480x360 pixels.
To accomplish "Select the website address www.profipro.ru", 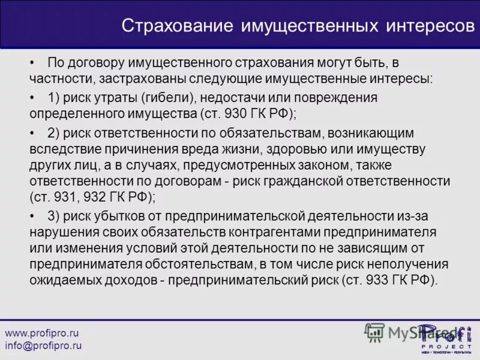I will pos(42,332).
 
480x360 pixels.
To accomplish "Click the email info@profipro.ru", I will pos(43,346).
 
